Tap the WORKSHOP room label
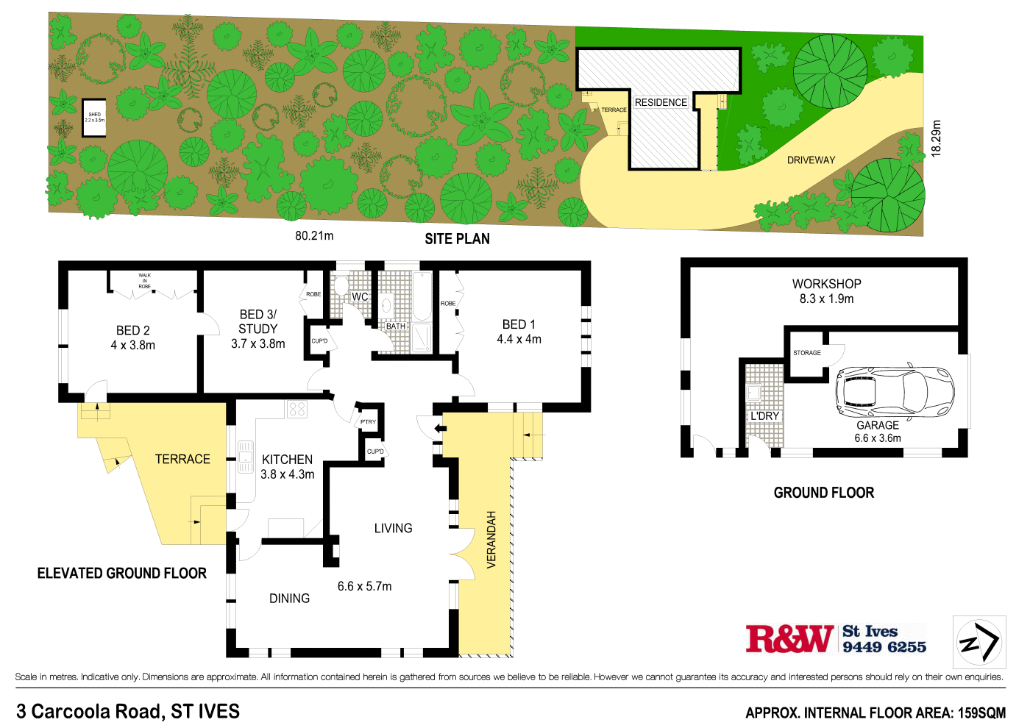tap(826, 284)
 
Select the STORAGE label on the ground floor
tap(806, 353)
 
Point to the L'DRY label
tap(764, 416)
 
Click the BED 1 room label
tap(519, 324)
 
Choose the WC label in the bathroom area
tap(360, 297)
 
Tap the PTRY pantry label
tap(368, 422)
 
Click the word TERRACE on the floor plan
tap(182, 459)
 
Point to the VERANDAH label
tap(491, 539)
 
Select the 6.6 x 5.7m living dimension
tap(364, 586)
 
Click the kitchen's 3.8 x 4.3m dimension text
tap(287, 474)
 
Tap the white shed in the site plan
tap(94, 118)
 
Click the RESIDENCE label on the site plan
tap(661, 102)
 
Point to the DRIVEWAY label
tap(811, 160)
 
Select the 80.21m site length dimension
tap(314, 236)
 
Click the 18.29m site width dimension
tap(936, 138)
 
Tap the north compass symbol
tap(979, 642)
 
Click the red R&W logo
tap(790, 639)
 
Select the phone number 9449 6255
tap(884, 647)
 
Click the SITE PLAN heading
tap(457, 239)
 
